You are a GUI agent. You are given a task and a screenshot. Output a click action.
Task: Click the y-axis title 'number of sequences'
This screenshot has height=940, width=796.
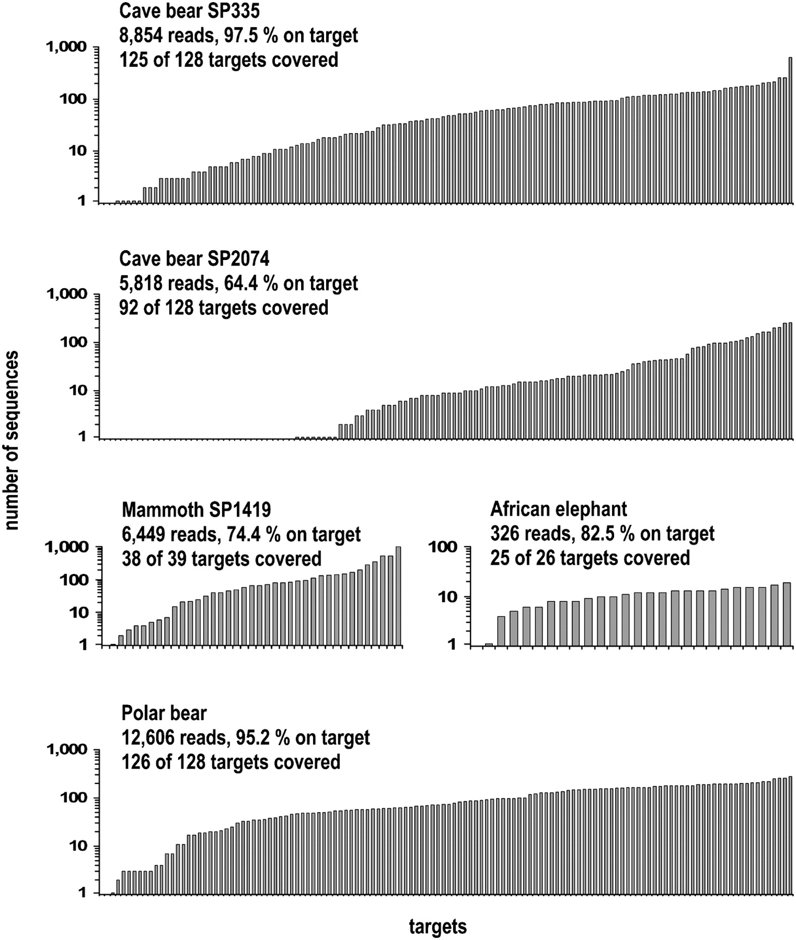click(x=12, y=440)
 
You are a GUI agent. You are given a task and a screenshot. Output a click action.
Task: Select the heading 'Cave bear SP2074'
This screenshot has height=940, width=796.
click(x=194, y=258)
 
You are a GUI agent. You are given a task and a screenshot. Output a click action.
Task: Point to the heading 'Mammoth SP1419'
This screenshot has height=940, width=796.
click(x=197, y=510)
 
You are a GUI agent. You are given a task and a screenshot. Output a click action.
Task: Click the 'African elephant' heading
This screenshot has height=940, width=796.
click(x=559, y=509)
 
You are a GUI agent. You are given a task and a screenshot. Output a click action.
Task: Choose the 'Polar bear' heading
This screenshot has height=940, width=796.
click(x=164, y=713)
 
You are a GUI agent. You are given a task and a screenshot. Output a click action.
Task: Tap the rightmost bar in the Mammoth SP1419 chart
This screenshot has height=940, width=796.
click(x=399, y=596)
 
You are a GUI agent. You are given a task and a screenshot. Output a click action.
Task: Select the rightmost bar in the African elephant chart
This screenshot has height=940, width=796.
click(x=787, y=614)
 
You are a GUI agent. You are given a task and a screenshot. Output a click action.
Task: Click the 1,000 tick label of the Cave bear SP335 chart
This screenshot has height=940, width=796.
click(x=66, y=48)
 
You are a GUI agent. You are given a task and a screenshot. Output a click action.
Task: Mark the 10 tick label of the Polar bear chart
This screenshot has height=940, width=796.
click(x=75, y=846)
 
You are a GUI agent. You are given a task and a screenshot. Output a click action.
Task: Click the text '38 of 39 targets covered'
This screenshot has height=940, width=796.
click(x=222, y=559)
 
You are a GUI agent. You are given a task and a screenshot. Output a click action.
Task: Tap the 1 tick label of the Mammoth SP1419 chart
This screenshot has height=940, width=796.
click(x=83, y=645)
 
